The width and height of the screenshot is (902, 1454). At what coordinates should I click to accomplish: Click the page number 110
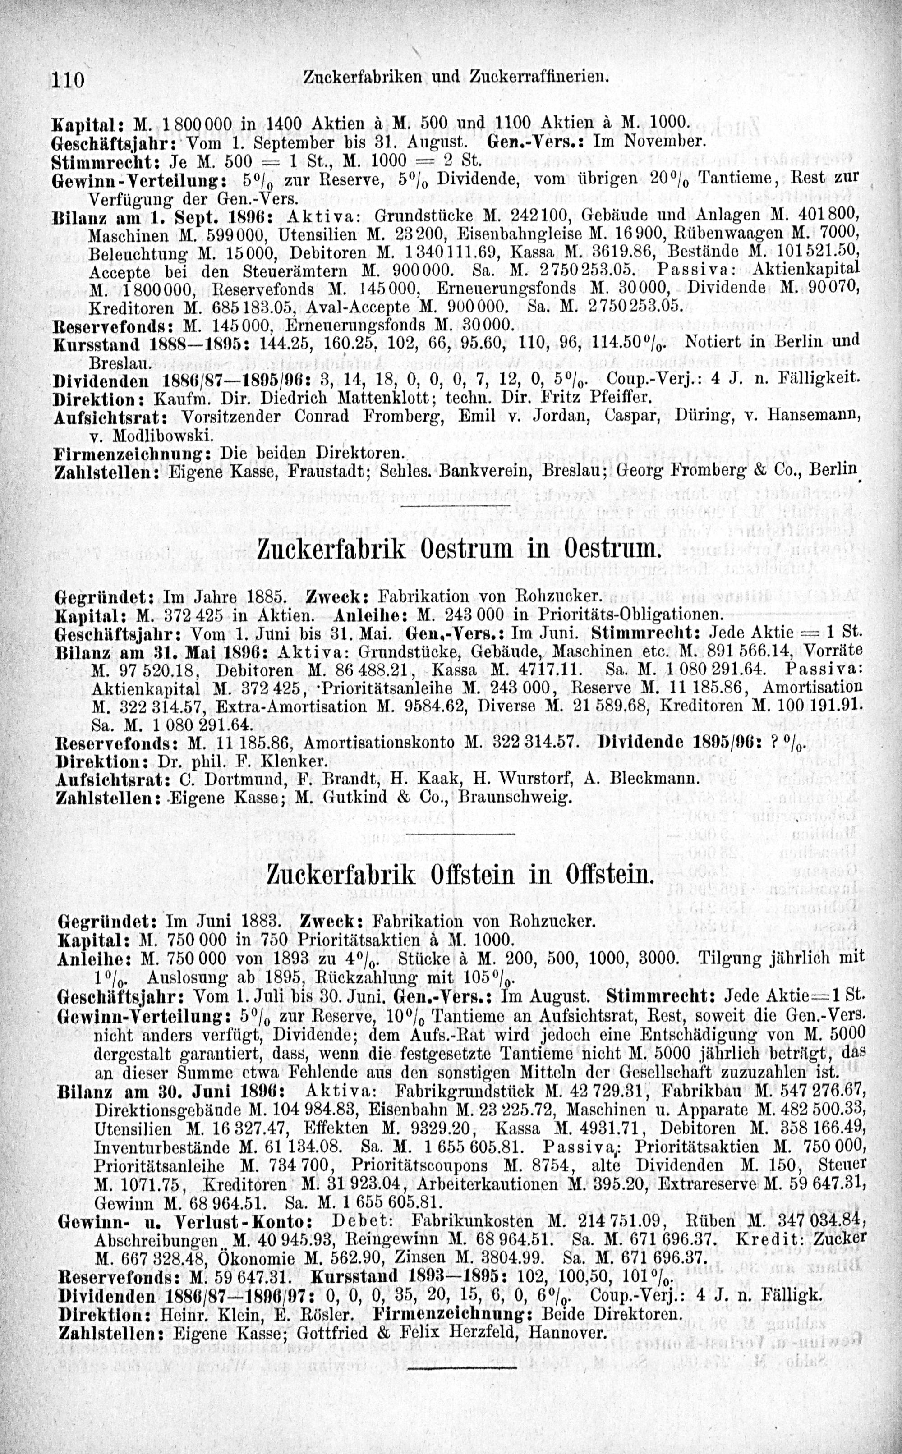tap(70, 79)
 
